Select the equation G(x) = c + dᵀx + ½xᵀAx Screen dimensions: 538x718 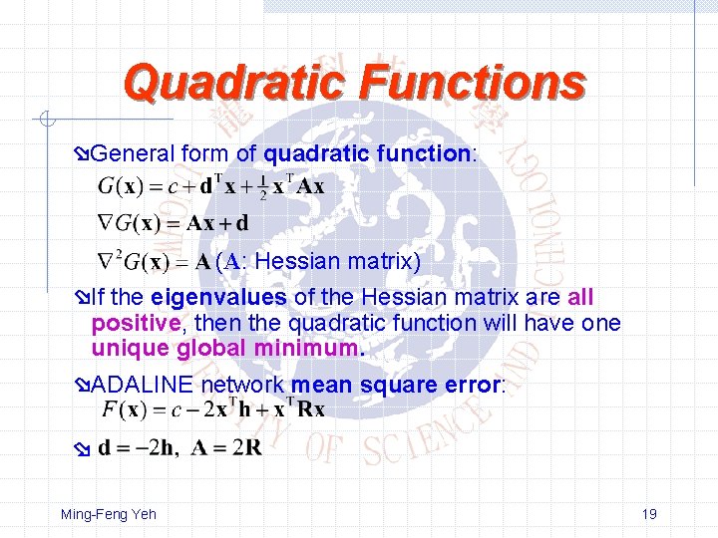click(x=210, y=185)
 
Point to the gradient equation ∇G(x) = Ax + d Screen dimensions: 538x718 click(x=172, y=222)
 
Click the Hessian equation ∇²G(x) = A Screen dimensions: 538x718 click(x=154, y=263)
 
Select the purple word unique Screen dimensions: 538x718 click(x=131, y=349)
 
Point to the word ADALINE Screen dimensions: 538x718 click(x=141, y=385)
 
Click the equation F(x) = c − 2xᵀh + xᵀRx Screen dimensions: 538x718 click(x=212, y=408)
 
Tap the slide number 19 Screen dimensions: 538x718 click(x=648, y=514)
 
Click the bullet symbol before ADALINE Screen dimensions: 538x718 click(x=83, y=386)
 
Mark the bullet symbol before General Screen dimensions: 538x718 click(x=83, y=154)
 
